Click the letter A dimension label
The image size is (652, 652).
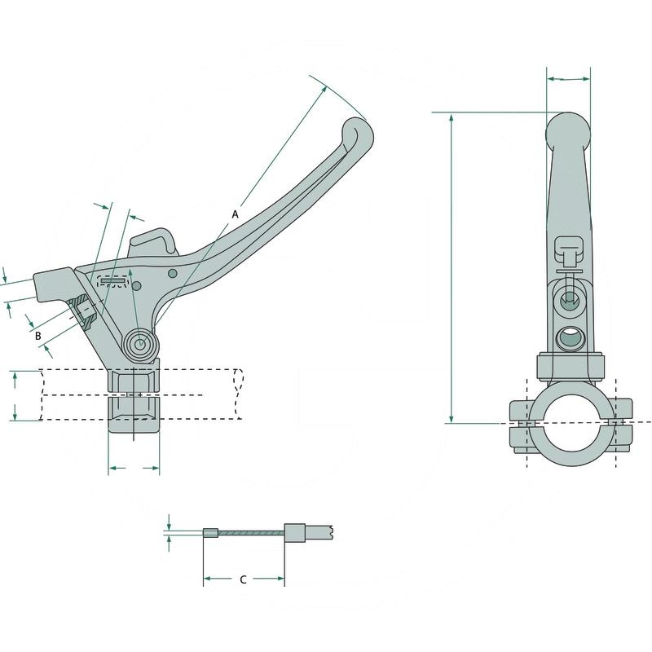point(235,214)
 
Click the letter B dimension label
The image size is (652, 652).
point(37,334)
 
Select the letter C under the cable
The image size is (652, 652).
point(243,579)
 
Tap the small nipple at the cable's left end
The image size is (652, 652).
point(209,535)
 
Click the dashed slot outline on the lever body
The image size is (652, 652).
point(113,281)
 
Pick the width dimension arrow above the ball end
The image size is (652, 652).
point(568,79)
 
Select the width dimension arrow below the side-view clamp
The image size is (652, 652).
point(134,469)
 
